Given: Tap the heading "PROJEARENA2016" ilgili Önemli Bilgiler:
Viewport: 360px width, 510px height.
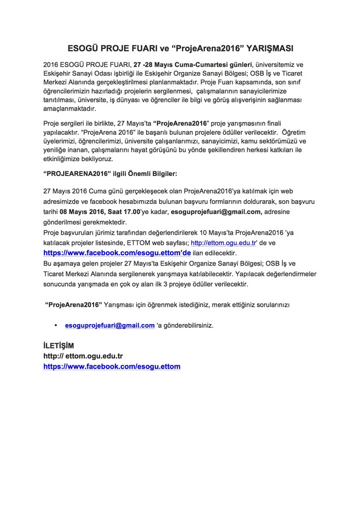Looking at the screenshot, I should pyautogui.click(x=111, y=173).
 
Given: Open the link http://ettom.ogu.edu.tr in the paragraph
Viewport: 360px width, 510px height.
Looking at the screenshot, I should pyautogui.click(x=223, y=242).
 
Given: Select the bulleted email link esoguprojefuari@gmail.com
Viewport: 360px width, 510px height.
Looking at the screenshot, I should pyautogui.click(x=110, y=325).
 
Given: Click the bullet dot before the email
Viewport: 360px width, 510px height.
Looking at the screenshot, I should pyautogui.click(x=56, y=326).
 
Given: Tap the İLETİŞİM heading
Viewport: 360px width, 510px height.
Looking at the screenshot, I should pyautogui.click(x=59, y=345).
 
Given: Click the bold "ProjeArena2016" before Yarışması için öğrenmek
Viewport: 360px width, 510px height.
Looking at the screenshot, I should pyautogui.click(x=74, y=305).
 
